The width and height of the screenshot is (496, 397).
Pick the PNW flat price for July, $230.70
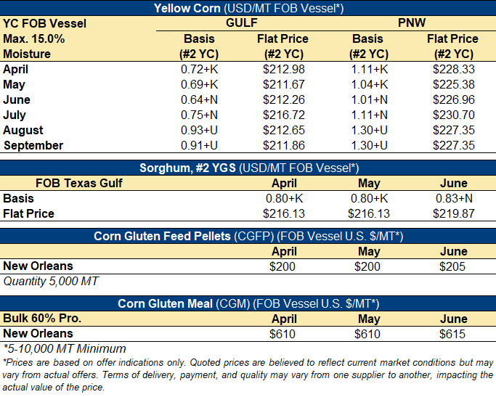(x=452, y=115)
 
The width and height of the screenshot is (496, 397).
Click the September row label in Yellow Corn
(x=33, y=145)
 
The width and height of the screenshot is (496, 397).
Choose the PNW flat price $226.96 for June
(x=452, y=99)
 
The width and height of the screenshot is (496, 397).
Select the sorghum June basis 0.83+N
(x=454, y=198)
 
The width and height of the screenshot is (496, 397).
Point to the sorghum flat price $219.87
(x=454, y=213)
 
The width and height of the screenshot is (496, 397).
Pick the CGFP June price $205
(x=454, y=266)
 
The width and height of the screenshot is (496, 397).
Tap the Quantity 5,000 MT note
(x=51, y=281)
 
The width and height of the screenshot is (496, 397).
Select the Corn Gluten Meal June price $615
(x=454, y=334)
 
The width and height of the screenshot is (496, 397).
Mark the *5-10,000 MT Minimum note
(x=65, y=348)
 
